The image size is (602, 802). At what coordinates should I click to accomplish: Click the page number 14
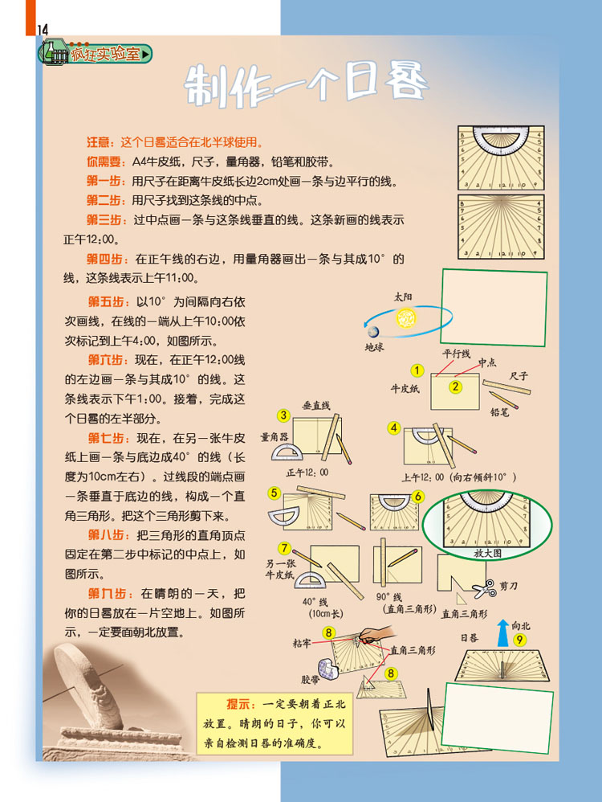[x=43, y=30]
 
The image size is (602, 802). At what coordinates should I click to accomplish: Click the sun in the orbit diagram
[x=406, y=318]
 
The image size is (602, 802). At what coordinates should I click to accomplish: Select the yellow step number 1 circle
[x=417, y=370]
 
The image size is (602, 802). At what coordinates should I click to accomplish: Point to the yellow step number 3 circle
[x=283, y=415]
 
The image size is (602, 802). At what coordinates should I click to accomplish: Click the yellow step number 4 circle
[x=393, y=428]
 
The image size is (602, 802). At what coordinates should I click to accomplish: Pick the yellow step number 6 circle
[x=418, y=496]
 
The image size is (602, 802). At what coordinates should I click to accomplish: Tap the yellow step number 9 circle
[x=519, y=640]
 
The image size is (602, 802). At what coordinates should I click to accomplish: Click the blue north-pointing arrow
[x=502, y=633]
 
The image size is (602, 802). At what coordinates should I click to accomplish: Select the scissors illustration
[x=485, y=589]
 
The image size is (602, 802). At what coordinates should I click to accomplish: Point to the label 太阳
[x=403, y=297]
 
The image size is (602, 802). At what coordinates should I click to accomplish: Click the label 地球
[x=374, y=347]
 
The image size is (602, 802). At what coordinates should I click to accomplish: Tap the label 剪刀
[x=508, y=586]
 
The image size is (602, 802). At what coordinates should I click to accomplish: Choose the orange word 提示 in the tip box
[x=238, y=704]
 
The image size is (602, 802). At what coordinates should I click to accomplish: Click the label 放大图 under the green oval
[x=487, y=552]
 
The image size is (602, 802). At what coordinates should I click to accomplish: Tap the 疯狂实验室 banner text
[x=105, y=54]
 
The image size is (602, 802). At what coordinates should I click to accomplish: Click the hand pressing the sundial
[x=376, y=635]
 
